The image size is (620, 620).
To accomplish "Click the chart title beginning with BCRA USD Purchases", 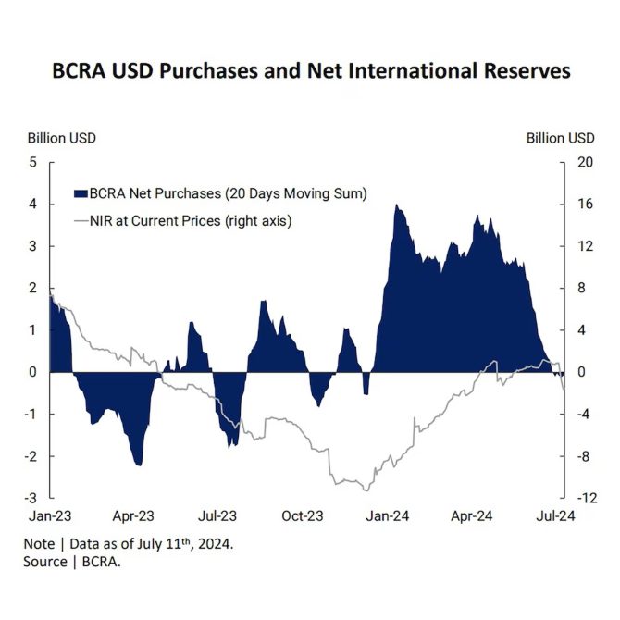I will [x=311, y=71].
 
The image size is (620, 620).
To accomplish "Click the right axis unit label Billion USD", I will [x=560, y=138].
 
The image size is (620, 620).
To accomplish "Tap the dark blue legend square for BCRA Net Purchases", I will [x=80, y=193].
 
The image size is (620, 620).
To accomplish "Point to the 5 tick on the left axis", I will [x=32, y=162].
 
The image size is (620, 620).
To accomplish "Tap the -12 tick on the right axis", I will [x=582, y=498].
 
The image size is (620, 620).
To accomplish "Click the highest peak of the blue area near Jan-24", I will [x=396, y=205].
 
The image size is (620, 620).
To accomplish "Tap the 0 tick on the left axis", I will [x=32, y=372].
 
